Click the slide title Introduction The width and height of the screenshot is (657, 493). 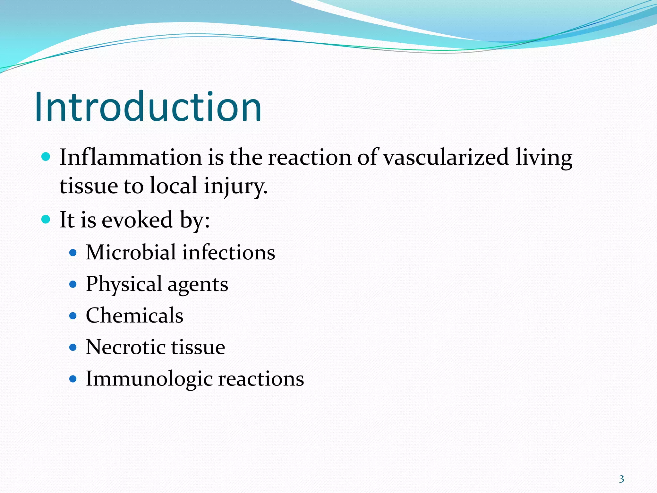(148, 107)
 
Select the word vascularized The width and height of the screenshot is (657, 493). (446, 157)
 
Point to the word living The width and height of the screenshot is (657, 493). (544, 158)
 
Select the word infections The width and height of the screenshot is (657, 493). (229, 252)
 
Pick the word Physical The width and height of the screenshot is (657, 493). (124, 284)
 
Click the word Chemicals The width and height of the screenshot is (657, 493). (134, 315)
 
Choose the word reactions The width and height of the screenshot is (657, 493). (261, 379)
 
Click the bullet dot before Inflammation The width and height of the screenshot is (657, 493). (46, 157)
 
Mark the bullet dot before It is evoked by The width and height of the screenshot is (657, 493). (46, 220)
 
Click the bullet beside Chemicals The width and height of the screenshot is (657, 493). (73, 316)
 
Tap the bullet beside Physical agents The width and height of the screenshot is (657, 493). (73, 284)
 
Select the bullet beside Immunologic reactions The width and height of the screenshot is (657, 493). (73, 379)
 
